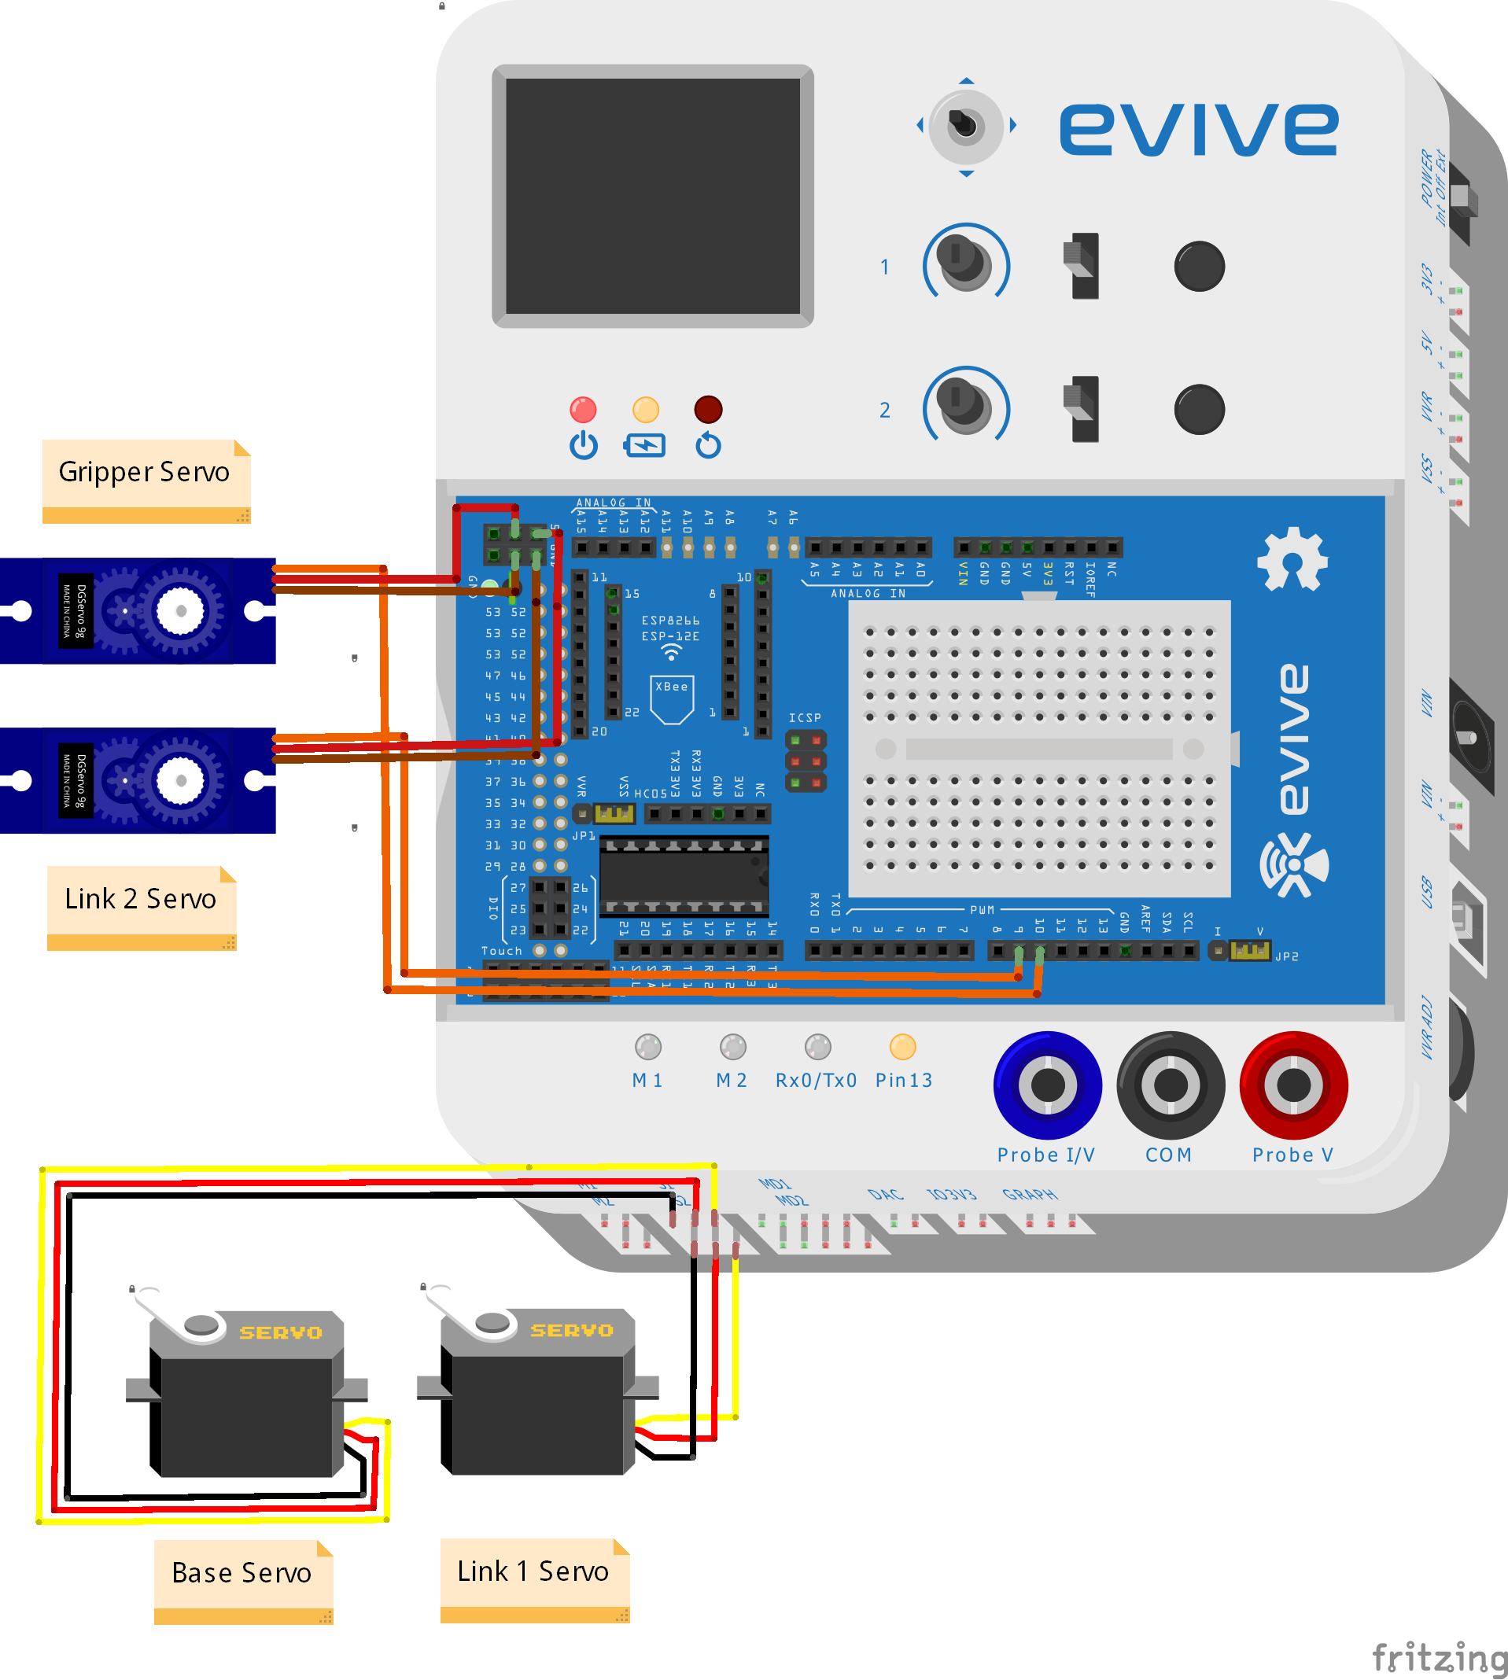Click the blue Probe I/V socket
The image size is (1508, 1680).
point(1047,1085)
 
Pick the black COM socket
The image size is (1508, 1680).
point(1170,1085)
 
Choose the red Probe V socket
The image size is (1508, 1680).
point(1293,1085)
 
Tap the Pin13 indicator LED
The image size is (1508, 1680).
point(902,1047)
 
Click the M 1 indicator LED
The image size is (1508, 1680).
point(648,1047)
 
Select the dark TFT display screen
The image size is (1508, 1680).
point(653,197)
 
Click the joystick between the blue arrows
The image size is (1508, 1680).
point(966,126)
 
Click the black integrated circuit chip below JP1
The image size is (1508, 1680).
point(684,876)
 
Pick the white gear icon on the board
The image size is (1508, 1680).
point(1292,559)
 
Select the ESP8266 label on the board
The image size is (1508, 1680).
point(670,621)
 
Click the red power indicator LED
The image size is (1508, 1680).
point(584,409)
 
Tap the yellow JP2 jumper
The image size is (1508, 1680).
point(1249,950)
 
